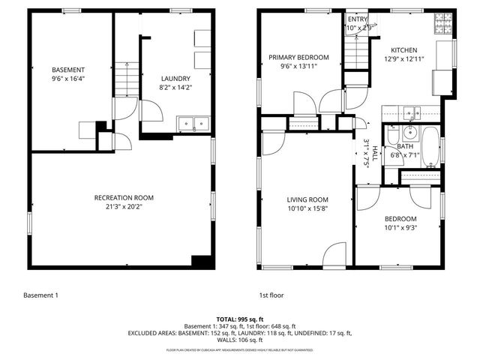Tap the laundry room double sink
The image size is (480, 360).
click(193, 124)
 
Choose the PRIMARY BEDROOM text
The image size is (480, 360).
click(299, 58)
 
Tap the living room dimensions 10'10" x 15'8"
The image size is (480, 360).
click(307, 208)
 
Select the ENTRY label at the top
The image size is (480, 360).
click(358, 19)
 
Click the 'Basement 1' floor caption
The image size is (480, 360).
click(40, 295)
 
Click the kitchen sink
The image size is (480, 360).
click(409, 113)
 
